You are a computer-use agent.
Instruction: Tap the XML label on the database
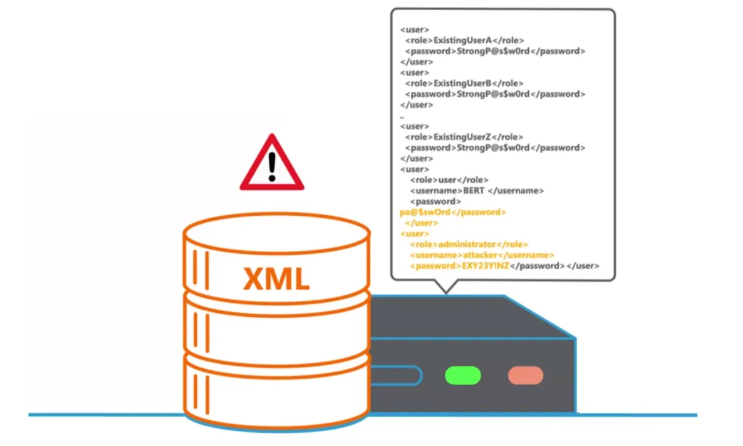click(x=276, y=279)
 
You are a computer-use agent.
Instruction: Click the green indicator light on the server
click(x=462, y=375)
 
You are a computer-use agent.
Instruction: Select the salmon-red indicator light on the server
click(x=525, y=375)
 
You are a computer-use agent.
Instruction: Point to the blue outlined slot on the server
click(x=395, y=375)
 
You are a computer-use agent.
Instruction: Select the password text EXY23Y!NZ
click(x=484, y=266)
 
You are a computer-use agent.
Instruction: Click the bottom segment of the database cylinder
click(x=276, y=391)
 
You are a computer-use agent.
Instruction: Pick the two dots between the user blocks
click(x=402, y=116)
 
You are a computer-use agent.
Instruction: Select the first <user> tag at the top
click(x=414, y=29)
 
